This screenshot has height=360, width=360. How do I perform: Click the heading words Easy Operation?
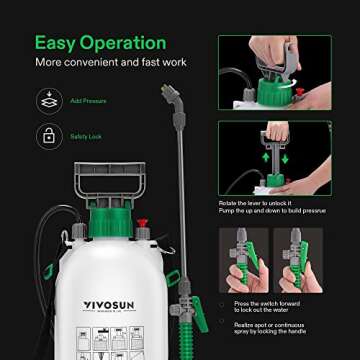100,43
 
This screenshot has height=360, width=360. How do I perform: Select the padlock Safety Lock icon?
47,136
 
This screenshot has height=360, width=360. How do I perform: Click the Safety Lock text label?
87,137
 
